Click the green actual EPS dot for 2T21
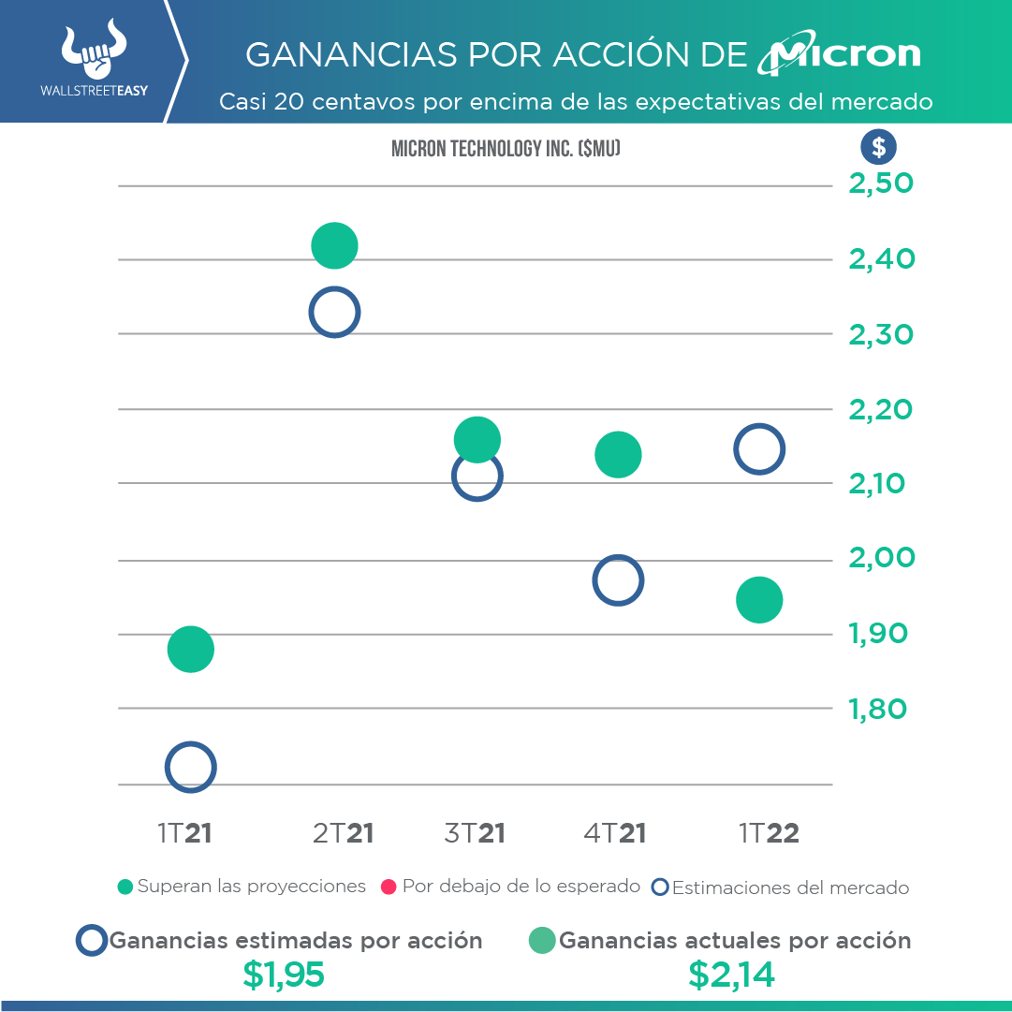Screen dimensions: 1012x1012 pos(334,246)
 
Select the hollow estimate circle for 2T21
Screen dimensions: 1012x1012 pos(334,312)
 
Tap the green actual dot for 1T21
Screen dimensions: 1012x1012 pos(191,649)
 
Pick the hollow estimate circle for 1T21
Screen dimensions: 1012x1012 pos(191,768)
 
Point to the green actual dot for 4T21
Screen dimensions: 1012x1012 pos(618,455)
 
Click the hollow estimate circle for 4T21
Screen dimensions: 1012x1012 pos(618,580)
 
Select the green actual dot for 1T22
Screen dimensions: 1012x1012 pos(759,600)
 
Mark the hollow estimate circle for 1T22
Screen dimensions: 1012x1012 pos(759,449)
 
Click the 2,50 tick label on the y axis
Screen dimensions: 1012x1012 pos(881,183)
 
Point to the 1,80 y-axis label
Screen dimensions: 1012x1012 pos(879,709)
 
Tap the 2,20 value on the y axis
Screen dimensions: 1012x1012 pos(881,409)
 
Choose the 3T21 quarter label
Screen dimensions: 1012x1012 pos(475,833)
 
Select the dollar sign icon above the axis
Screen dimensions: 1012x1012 pos(878,147)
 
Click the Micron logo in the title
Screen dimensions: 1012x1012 pos(839,55)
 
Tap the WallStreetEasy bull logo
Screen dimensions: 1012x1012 pos(93,52)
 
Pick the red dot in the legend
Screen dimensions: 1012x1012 pos(389,887)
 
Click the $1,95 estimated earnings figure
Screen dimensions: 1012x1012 pos(283,975)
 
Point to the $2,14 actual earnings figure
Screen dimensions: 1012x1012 pos(732,975)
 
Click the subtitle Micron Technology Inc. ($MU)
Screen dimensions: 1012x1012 pos(506,148)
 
